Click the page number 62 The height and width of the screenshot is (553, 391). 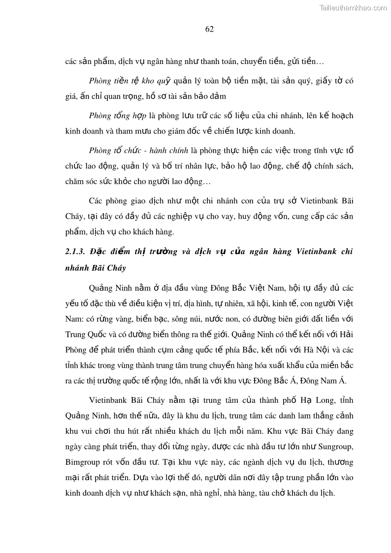point(209,29)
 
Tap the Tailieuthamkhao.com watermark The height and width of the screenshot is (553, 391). point(353,7)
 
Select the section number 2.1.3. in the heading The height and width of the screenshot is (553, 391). point(75,251)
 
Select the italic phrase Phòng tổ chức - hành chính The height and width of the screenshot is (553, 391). point(139,150)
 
